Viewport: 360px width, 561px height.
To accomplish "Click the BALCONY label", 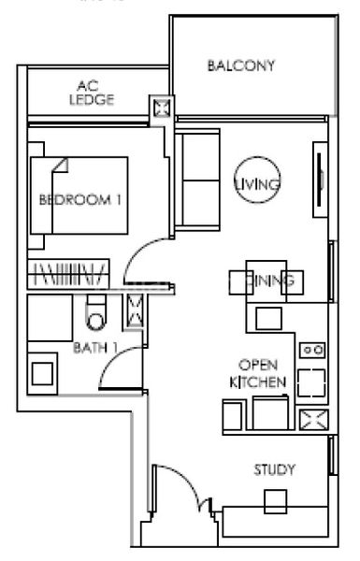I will tap(241, 65).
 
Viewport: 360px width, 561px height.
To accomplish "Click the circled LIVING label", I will tap(256, 183).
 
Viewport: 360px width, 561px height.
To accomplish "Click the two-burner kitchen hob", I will tap(311, 351).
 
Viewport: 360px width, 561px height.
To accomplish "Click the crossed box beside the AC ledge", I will tap(160, 108).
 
